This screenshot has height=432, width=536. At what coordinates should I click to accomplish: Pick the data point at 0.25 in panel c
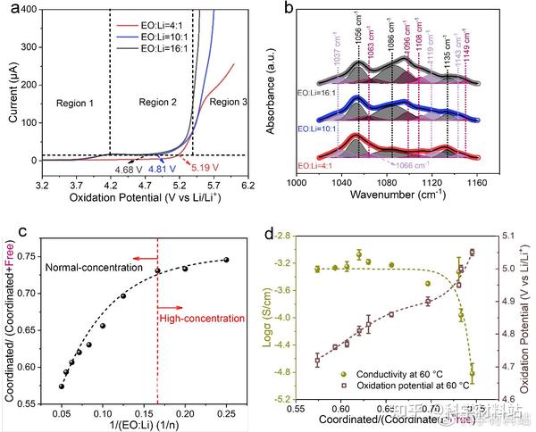tap(226, 260)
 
